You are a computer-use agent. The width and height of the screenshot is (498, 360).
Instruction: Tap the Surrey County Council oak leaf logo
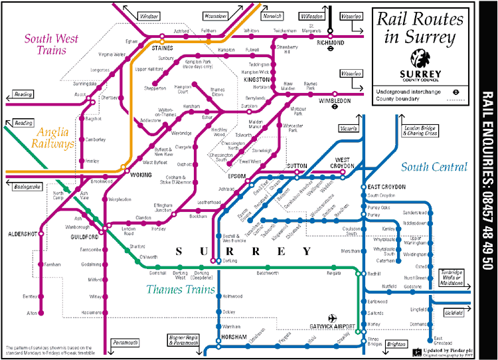[422, 58]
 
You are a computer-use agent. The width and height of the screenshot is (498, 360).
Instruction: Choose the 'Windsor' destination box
[149, 15]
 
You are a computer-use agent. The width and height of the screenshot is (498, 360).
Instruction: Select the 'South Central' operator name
[434, 167]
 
